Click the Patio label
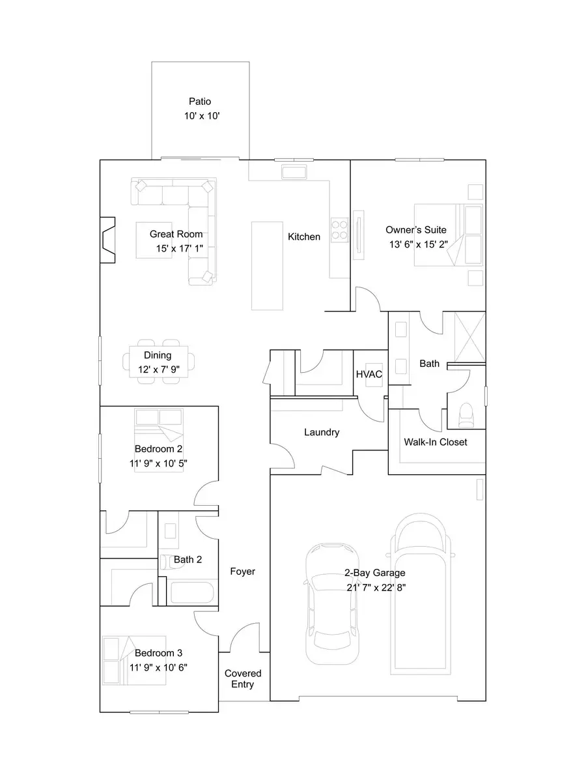coord(200,102)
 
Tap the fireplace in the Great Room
coord(107,239)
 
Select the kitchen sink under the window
coord(294,172)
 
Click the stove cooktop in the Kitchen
coord(339,229)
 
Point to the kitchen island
coord(268,265)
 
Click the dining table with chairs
coord(158,360)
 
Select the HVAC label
coord(369,374)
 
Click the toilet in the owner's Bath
coord(466,415)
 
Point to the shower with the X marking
coord(469,336)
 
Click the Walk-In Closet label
coord(436,442)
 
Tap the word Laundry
coord(322,432)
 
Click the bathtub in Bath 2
coord(191,594)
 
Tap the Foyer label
coord(243,572)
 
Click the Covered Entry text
coord(243,678)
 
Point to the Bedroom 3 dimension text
coord(159,667)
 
